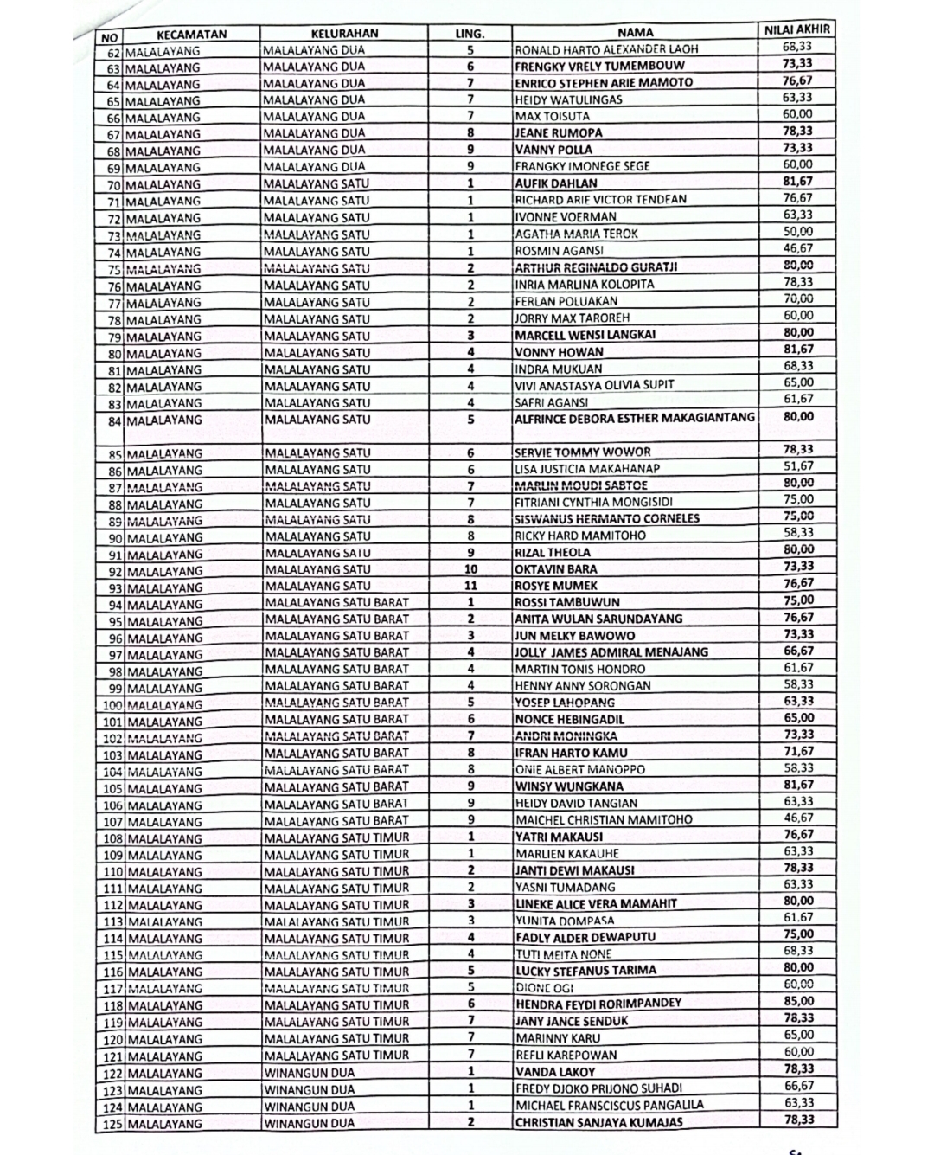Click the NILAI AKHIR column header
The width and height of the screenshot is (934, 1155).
pyautogui.click(x=797, y=29)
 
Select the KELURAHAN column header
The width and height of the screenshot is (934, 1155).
pyautogui.click(x=343, y=34)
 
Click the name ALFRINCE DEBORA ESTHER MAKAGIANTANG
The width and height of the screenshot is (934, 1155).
pyautogui.click(x=635, y=418)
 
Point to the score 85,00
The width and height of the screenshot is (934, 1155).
pyautogui.click(x=798, y=1002)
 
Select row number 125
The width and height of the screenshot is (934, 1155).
pyautogui.click(x=111, y=1124)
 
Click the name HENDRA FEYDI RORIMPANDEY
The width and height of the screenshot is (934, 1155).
pyautogui.click(x=598, y=1004)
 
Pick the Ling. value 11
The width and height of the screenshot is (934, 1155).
pyautogui.click(x=470, y=586)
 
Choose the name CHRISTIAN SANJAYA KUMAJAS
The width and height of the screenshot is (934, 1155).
pyautogui.click(x=598, y=1123)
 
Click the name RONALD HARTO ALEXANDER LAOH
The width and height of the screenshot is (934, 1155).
pyautogui.click(x=606, y=49)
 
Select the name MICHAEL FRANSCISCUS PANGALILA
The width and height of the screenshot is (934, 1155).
pyautogui.click(x=610, y=1106)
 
